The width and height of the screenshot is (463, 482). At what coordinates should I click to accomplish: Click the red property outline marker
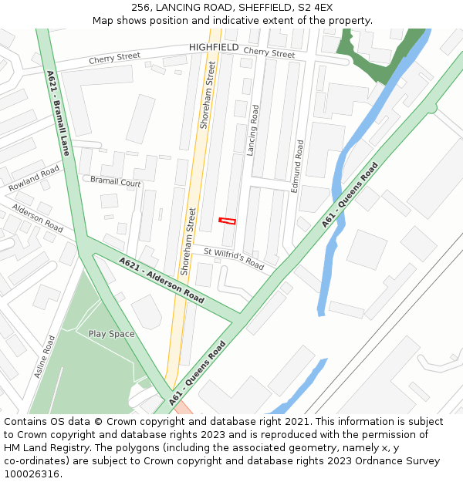pos(227,221)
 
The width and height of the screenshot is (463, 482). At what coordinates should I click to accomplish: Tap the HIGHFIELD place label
pos(214,47)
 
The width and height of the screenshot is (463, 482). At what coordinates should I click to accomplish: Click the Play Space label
pos(111,334)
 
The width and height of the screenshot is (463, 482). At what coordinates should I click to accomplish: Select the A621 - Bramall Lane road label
pos(58,113)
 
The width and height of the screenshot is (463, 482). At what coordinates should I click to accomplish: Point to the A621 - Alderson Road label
pos(161,280)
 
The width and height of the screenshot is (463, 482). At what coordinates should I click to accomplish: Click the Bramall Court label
pos(116,183)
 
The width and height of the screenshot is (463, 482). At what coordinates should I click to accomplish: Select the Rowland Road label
pos(34,178)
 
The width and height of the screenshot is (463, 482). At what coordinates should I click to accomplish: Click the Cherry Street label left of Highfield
pos(114,57)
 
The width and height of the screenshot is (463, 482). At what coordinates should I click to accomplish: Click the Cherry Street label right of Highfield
pos(269,53)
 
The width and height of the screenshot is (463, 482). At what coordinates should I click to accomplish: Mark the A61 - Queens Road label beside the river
pos(350,195)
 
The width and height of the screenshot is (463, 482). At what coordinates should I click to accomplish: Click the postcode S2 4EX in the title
pos(314,8)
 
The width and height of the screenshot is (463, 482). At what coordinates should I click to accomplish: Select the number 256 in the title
pos(141,8)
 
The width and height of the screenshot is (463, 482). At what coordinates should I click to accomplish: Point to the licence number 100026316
pos(32,474)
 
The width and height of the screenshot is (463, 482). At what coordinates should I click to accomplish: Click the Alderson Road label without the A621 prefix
pos(37,218)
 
